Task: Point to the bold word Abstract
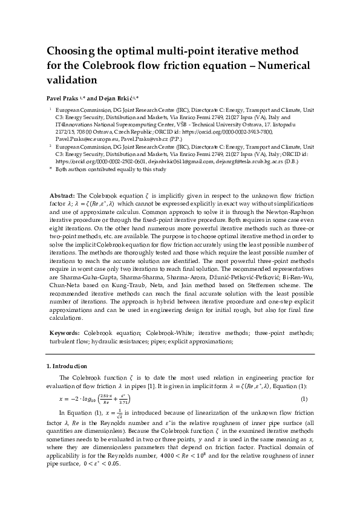pyautogui.click(x=63, y=196)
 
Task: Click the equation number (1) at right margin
pyautogui.click(x=304, y=398)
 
